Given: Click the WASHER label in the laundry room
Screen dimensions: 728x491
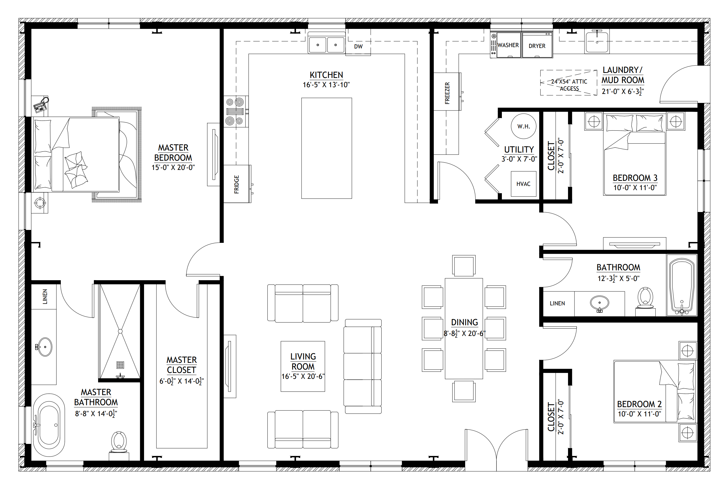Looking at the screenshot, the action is (x=508, y=45).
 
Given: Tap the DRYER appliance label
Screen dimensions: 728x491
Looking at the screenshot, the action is (x=537, y=46).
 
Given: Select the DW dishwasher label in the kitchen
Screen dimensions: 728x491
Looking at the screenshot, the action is (x=358, y=47).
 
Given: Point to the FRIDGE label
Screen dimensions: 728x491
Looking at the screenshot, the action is (x=237, y=185).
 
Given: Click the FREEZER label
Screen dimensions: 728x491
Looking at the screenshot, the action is (x=447, y=93).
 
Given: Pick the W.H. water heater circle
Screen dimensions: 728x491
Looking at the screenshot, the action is (x=523, y=126).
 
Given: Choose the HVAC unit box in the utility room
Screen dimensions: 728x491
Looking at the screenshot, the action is (x=523, y=184).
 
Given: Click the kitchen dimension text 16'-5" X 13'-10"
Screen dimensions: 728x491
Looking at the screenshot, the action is (x=326, y=85).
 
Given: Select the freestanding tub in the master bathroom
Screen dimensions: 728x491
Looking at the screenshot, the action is (x=49, y=425).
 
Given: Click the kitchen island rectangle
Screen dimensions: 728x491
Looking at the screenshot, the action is (x=326, y=148).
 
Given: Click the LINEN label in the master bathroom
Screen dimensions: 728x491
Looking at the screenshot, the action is (x=45, y=297).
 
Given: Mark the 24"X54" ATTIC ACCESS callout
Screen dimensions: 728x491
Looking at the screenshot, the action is (x=569, y=85).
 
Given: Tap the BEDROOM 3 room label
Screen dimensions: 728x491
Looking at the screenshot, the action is (x=635, y=178).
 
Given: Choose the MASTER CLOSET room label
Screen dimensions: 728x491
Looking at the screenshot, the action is (x=182, y=365).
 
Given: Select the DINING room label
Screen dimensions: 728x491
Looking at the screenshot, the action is (x=464, y=322).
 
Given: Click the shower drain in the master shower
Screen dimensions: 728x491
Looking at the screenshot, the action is (x=120, y=365).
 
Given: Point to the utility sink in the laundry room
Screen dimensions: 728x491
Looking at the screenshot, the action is (x=597, y=42).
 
